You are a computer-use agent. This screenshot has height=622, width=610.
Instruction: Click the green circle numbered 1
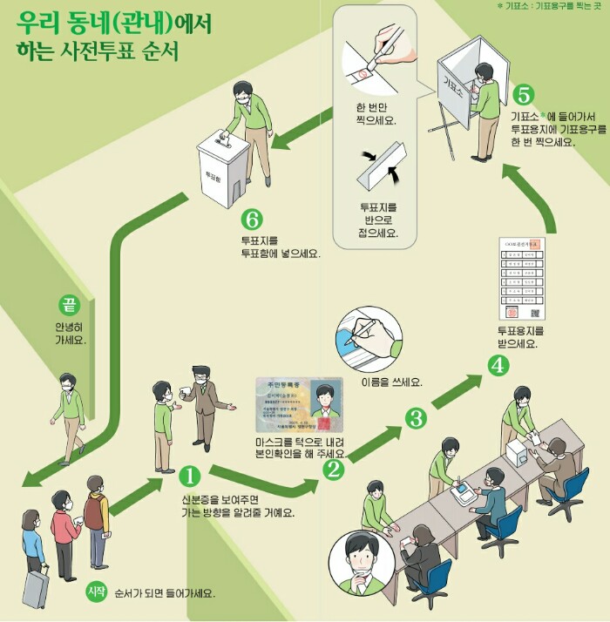[x=190, y=477]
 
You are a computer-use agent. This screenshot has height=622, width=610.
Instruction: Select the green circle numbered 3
[x=417, y=417]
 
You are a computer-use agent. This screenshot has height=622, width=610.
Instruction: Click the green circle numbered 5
[x=523, y=94]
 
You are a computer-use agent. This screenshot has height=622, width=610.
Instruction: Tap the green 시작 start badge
[x=96, y=592]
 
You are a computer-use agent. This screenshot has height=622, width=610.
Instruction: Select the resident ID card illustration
[x=298, y=408]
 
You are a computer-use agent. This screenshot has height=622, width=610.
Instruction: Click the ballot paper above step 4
[x=520, y=278]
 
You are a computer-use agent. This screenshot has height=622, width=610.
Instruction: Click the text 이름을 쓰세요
[x=391, y=382]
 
